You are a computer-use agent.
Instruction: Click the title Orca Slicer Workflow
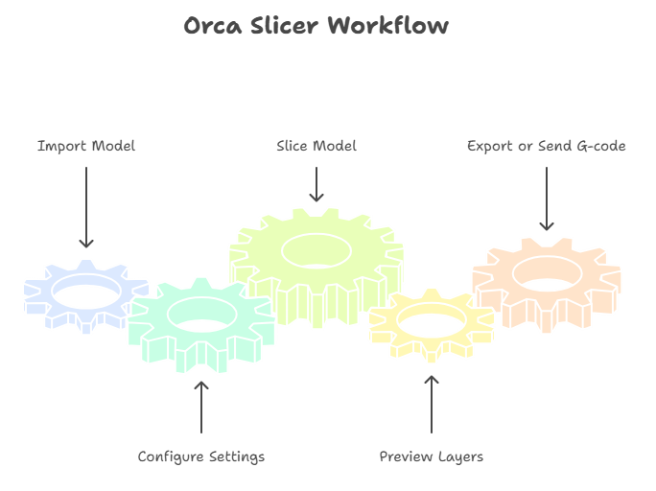pos(316,26)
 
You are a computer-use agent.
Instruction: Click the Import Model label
pos(86,147)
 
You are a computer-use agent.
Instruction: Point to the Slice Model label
pos(316,146)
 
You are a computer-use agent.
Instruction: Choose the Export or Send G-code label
pos(546,147)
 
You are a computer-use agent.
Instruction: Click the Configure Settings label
pos(201,456)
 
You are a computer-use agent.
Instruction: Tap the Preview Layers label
pos(431,456)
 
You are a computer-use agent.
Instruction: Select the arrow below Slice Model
pos(316,184)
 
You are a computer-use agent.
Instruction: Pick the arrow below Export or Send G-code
pos(546,199)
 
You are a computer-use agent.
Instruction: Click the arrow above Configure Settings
pos(201,407)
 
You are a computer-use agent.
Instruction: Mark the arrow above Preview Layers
pos(431,404)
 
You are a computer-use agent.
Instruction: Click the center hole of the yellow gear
pos(433,324)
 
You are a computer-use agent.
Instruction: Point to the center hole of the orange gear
pos(547,271)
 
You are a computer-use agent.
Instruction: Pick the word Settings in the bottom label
pos(237,456)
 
